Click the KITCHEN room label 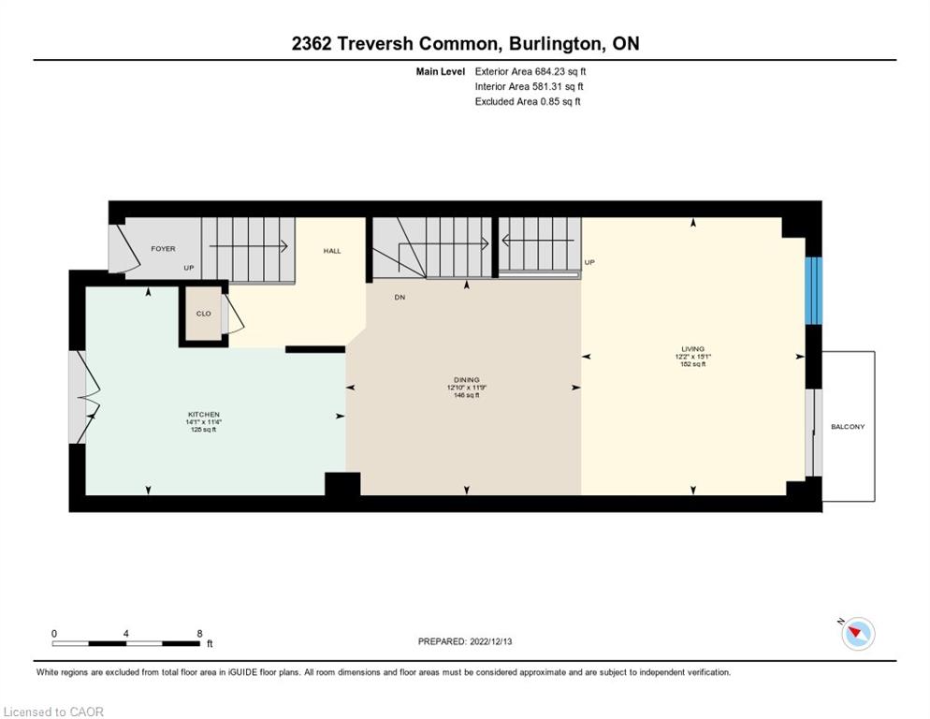[203, 415]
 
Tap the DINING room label [467, 380]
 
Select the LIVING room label [692, 349]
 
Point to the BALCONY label [848, 427]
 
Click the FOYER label [163, 249]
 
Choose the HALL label [332, 251]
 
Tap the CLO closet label [203, 314]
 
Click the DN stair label [400, 297]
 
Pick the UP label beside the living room [589, 262]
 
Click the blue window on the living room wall [813, 290]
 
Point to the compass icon [858, 633]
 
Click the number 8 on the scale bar [199, 634]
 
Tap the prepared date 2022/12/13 [491, 641]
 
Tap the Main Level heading [440, 72]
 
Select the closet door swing [234, 314]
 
